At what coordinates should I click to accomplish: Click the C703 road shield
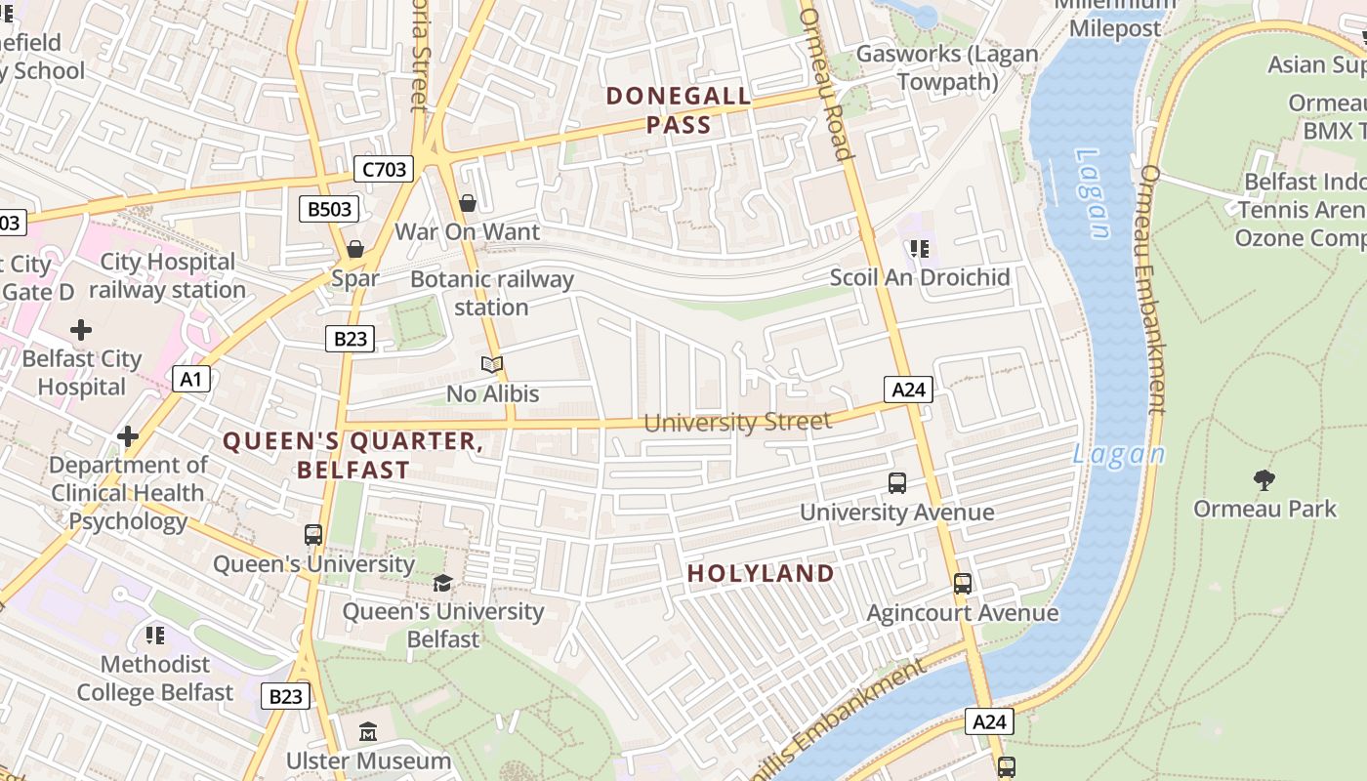384,170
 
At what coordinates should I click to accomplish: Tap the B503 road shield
328,209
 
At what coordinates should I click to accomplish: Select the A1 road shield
191,379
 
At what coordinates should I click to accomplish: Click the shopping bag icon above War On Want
468,203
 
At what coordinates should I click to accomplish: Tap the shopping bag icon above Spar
355,249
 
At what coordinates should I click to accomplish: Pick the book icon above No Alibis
492,365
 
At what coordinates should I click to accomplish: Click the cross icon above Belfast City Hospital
81,330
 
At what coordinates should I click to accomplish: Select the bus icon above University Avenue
897,482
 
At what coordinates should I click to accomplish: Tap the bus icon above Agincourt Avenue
963,584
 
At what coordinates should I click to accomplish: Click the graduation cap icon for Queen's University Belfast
442,583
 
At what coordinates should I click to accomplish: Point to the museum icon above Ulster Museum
368,731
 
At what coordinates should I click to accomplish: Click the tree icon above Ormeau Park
1264,479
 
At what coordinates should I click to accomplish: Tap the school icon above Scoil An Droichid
919,249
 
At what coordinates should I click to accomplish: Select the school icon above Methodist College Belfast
154,636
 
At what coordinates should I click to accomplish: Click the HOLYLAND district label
762,573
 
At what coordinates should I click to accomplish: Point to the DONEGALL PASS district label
679,110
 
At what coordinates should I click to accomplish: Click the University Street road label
737,423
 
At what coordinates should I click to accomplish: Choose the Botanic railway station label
492,293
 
